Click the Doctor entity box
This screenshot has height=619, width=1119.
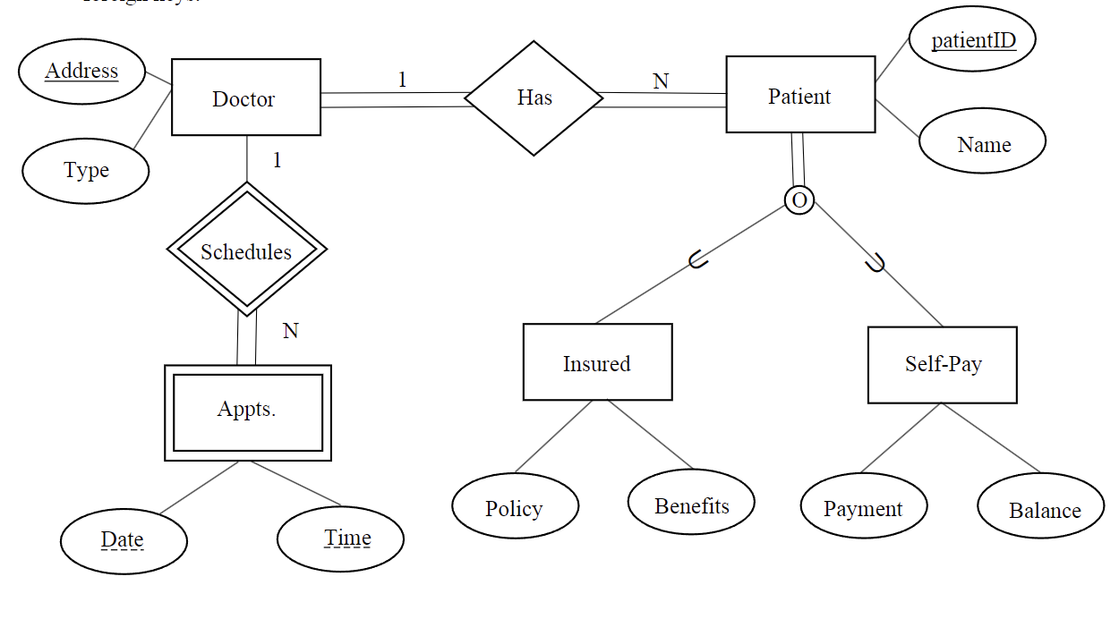point(245,98)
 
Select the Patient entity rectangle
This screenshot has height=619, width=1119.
point(799,95)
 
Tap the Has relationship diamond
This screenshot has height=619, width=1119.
point(534,98)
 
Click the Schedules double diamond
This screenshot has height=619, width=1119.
point(246,250)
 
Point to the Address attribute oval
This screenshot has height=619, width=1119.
point(81,71)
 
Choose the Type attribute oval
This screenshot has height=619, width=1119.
point(86,171)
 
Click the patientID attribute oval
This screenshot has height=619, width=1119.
point(972,41)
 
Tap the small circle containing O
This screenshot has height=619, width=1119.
point(799,199)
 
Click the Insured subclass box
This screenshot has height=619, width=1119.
point(597,362)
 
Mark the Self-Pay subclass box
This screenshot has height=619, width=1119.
point(942,364)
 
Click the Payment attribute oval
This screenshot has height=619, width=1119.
point(863,507)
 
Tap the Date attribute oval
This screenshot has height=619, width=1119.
point(124,541)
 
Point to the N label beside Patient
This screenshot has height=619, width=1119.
point(661,81)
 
